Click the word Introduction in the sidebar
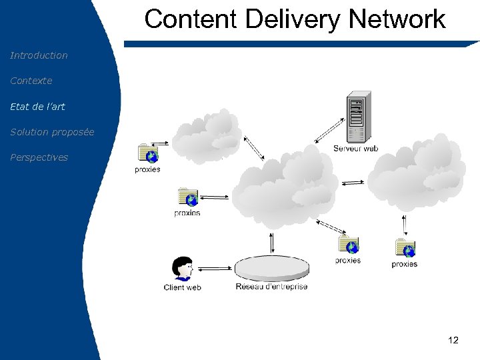39,55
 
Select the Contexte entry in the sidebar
31,81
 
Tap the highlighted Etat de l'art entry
37,106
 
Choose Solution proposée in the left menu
52,132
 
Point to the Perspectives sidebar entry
39,157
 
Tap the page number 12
453,341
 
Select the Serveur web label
355,149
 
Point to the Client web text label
182,287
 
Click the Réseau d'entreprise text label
271,287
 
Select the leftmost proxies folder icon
148,153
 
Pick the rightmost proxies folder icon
405,248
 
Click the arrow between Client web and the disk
215,268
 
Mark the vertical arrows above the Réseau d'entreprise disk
271,242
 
